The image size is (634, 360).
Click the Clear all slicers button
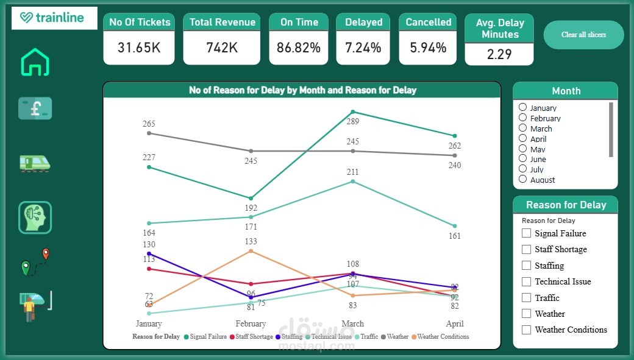(583, 35)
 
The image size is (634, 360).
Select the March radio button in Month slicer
(523, 128)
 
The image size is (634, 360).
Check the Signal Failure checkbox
(527, 233)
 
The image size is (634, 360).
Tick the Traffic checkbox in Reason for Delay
(527, 298)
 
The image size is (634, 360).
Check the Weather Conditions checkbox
(527, 330)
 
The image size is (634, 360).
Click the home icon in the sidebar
(35, 62)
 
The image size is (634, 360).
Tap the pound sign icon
(35, 108)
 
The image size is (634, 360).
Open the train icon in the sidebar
(35, 163)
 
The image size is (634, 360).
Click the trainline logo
(54, 18)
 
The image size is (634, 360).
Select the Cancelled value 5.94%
(428, 48)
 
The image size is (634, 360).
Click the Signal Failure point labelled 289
(353, 112)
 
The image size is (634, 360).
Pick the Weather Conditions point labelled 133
(251, 251)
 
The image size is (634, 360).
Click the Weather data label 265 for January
(149, 124)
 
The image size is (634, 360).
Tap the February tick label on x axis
(251, 323)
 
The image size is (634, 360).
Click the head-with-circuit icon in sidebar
(35, 217)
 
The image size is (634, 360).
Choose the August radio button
(523, 179)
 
